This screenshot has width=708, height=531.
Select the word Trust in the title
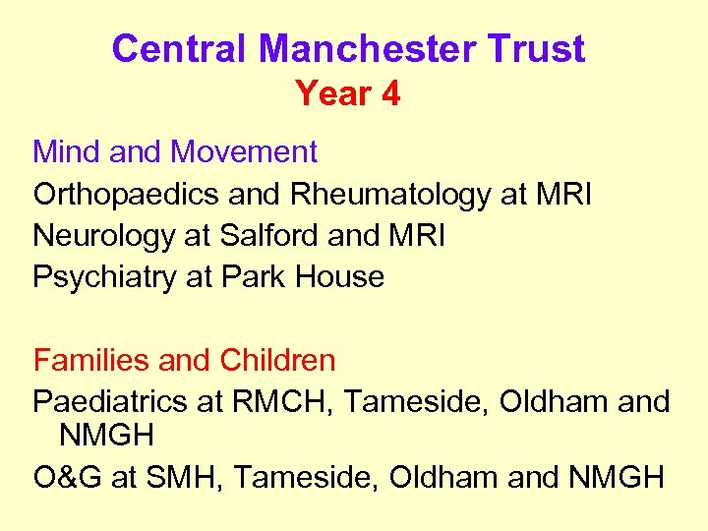point(539,48)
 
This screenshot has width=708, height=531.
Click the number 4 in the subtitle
point(391,94)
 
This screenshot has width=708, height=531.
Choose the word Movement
point(244,152)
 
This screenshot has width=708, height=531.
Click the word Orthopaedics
point(127,195)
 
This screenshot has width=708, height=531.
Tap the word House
point(340,277)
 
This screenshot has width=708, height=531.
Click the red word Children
point(277,361)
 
